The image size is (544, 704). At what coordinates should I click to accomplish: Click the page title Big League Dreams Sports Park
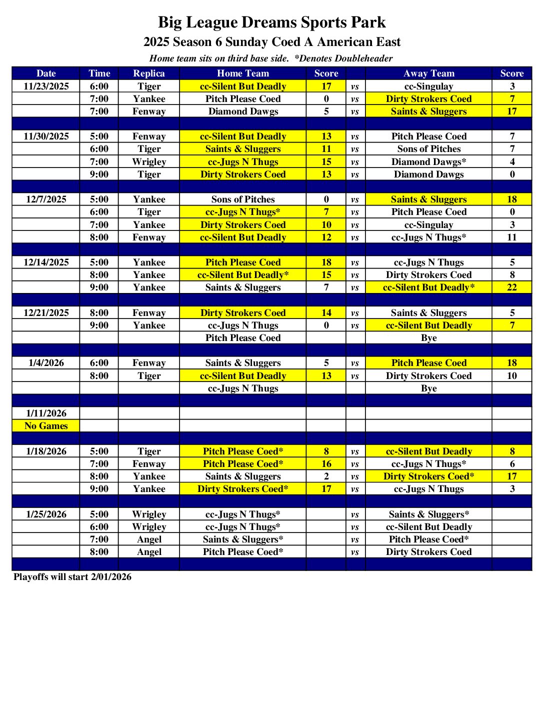pyautogui.click(x=271, y=22)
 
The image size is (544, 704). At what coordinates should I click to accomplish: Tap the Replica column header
pyautogui.click(x=148, y=73)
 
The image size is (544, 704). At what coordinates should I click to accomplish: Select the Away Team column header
pyautogui.click(x=428, y=73)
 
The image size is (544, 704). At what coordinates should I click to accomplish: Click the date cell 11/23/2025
pyautogui.click(x=46, y=86)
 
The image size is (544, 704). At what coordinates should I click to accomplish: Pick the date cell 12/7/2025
pyautogui.click(x=46, y=199)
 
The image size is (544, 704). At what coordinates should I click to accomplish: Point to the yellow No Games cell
pyautogui.click(x=46, y=426)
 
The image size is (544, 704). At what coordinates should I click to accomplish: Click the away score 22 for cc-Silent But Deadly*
pyautogui.click(x=511, y=287)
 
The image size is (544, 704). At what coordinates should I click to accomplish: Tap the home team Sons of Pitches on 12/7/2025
pyautogui.click(x=243, y=199)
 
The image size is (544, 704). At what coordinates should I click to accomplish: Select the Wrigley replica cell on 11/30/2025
pyautogui.click(x=148, y=161)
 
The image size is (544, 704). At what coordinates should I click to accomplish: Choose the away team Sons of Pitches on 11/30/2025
pyautogui.click(x=428, y=149)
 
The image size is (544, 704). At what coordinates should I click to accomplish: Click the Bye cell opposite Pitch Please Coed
pyautogui.click(x=428, y=338)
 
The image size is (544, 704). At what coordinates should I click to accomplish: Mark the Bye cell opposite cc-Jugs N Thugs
pyautogui.click(x=428, y=388)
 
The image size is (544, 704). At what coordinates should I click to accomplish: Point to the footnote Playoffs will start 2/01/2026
pyautogui.click(x=72, y=577)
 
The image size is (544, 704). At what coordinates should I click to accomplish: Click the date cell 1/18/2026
pyautogui.click(x=46, y=451)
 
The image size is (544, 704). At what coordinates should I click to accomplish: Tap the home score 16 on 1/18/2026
pyautogui.click(x=326, y=464)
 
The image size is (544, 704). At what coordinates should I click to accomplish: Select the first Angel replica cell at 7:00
pyautogui.click(x=148, y=539)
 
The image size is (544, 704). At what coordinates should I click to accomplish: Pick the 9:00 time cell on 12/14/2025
pyautogui.click(x=99, y=287)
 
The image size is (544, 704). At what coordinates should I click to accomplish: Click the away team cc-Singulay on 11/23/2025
pyautogui.click(x=428, y=86)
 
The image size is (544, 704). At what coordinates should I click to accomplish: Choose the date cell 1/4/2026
pyautogui.click(x=46, y=363)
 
